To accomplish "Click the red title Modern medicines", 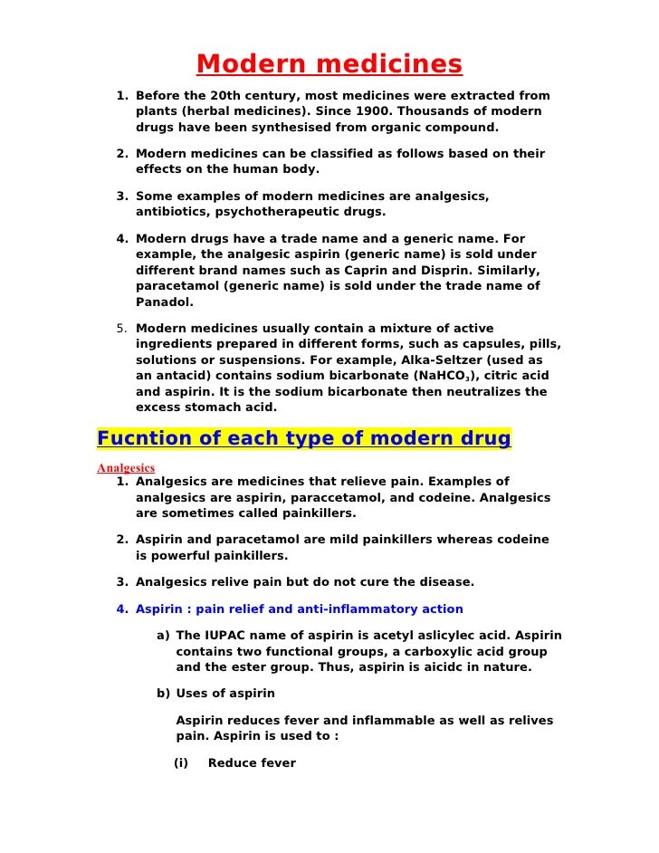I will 329,65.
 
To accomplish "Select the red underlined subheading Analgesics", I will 126,468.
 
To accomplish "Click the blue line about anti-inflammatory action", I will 300,609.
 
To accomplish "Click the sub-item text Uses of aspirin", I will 225,694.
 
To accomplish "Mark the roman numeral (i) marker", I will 180,763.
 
